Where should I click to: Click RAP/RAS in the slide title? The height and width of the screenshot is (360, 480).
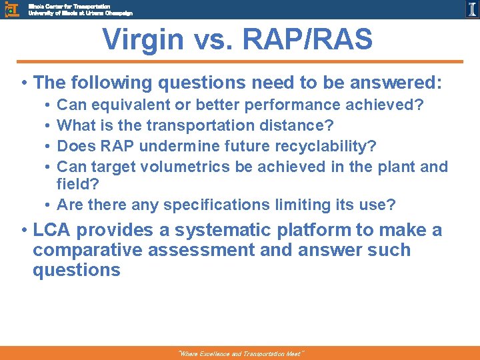309,40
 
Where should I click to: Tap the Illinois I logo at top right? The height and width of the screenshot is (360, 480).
471,9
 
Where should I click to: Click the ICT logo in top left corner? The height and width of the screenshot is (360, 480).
11,9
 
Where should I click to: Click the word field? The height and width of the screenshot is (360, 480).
73,185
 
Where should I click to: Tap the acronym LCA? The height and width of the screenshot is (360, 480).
53,231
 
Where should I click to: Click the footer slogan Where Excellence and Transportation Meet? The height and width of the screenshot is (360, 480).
240,354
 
